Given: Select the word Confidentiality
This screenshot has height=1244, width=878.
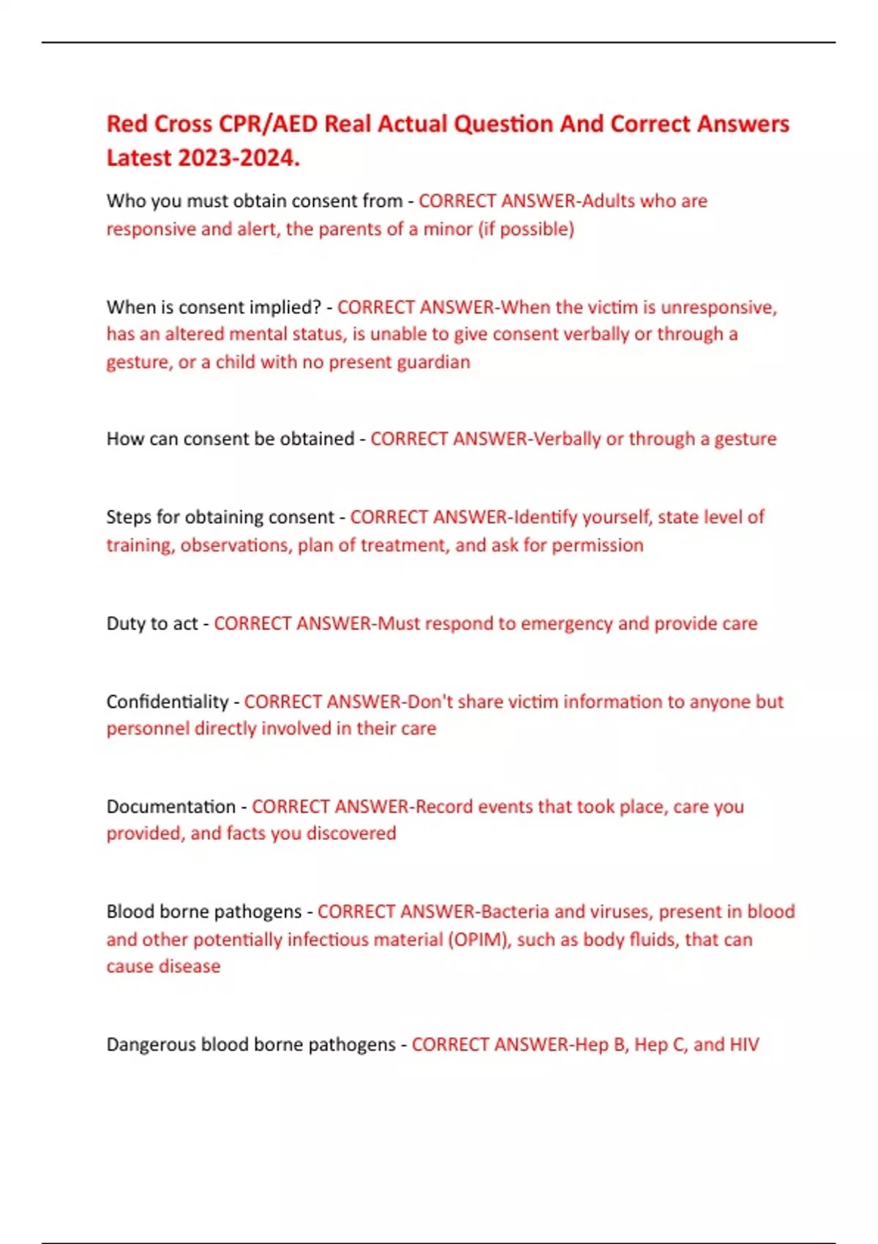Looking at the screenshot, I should click(167, 702).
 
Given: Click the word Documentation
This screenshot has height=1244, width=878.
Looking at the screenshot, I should click(170, 806).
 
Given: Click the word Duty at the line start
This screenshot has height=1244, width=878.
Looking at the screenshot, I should click(126, 623).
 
